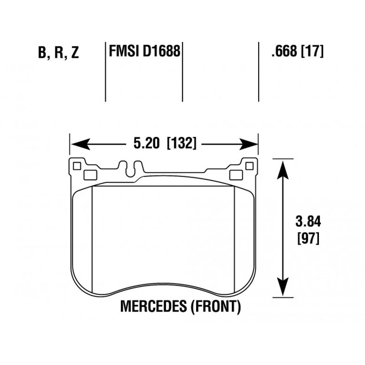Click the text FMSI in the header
pyautogui.click(x=124, y=51)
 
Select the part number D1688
pyautogui.click(x=162, y=51)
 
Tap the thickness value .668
pyautogui.click(x=284, y=51)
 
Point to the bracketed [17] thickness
pyautogui.click(x=313, y=51)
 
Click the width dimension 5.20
pyautogui.click(x=146, y=143)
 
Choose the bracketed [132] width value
pyautogui.click(x=182, y=143)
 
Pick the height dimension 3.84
pyautogui.click(x=308, y=221)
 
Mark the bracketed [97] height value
pyautogui.click(x=308, y=238)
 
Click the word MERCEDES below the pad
pyautogui.click(x=153, y=306)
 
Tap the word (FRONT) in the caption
pyautogui.click(x=216, y=306)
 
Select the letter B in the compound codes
pyautogui.click(x=42, y=52)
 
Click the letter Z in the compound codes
pyautogui.click(x=75, y=52)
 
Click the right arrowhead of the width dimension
pyautogui.click(x=248, y=144)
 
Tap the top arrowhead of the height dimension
pyautogui.click(x=282, y=170)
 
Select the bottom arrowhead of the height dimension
pyautogui.click(x=282, y=287)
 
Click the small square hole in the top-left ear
pyautogui.click(x=77, y=166)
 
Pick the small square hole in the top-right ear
pyautogui.click(x=249, y=166)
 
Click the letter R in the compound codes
pyautogui.click(x=59, y=52)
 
